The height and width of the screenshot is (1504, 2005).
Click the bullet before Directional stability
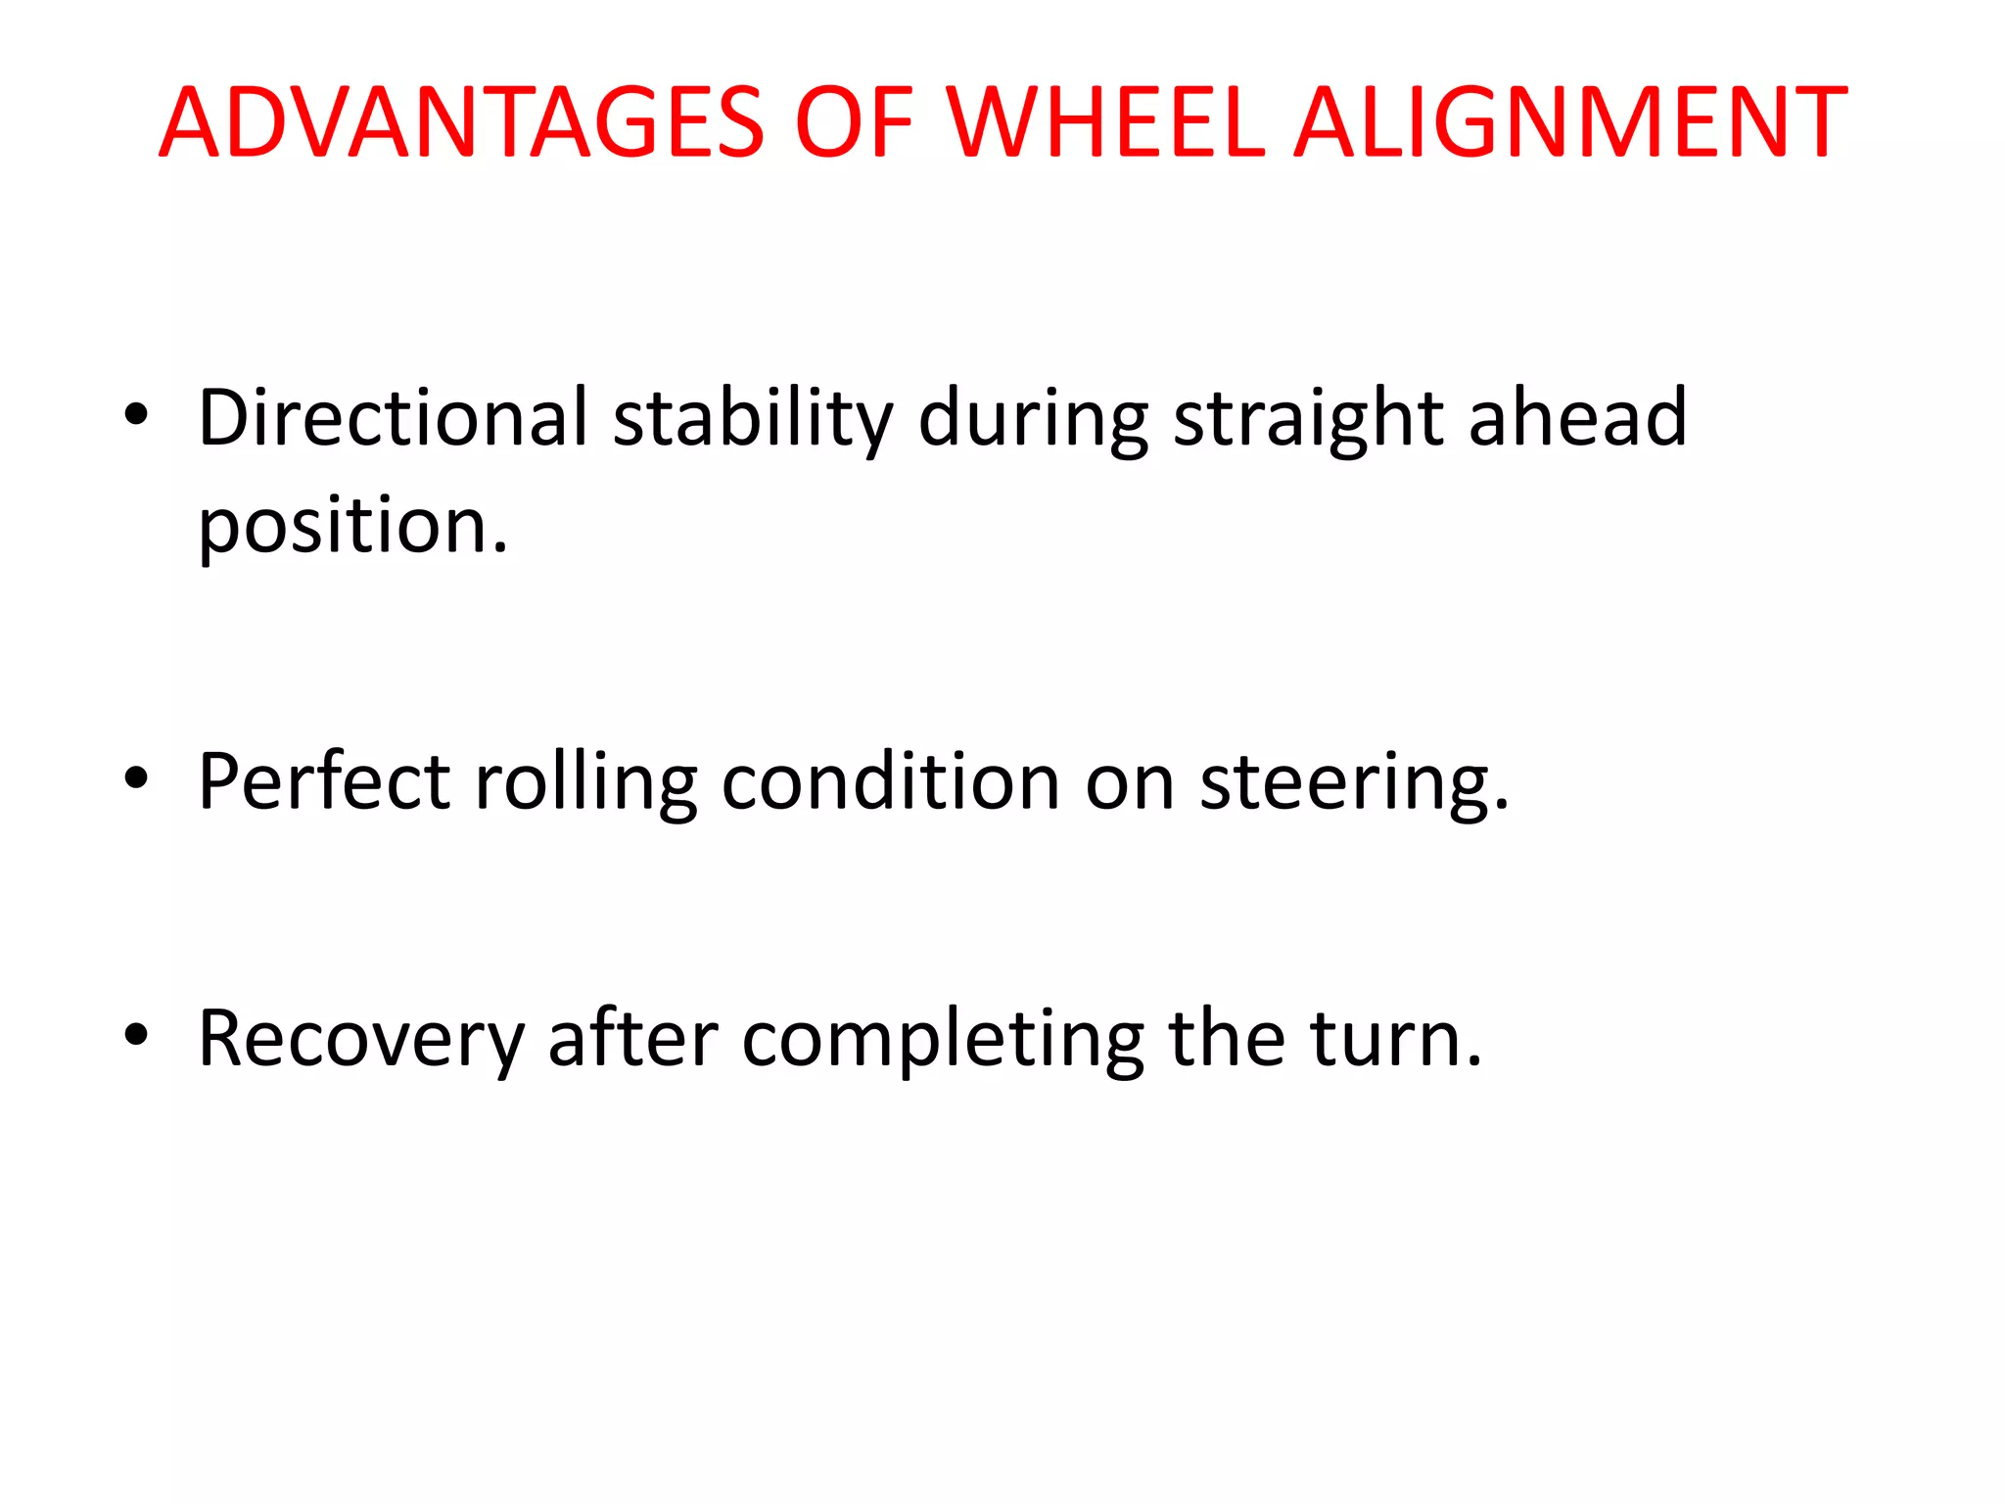coord(136,415)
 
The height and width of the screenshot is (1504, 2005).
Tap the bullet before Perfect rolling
coord(136,778)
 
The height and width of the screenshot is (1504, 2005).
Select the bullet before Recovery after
coord(136,1035)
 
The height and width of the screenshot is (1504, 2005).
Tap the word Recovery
coord(361,1040)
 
